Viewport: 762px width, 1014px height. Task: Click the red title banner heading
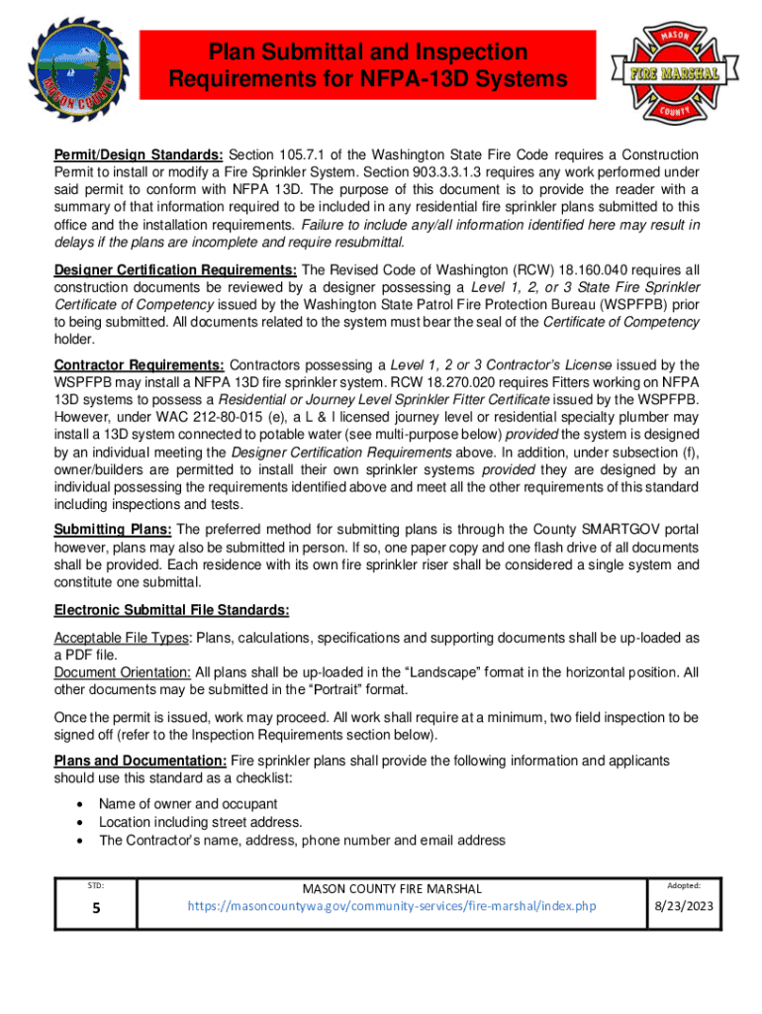pyautogui.click(x=367, y=64)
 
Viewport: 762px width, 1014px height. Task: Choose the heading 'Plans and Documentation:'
pyautogui.click(x=140, y=760)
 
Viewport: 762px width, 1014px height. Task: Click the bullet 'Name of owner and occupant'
pyautogui.click(x=188, y=803)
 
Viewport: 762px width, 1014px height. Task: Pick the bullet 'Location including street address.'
pyautogui.click(x=201, y=822)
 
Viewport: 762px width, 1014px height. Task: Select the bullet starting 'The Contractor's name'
pyautogui.click(x=302, y=841)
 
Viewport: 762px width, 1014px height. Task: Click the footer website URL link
pyautogui.click(x=391, y=906)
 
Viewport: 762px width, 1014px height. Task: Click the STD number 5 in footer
pyautogui.click(x=97, y=908)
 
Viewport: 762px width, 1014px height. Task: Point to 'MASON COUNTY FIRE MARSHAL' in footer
pyautogui.click(x=391, y=888)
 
